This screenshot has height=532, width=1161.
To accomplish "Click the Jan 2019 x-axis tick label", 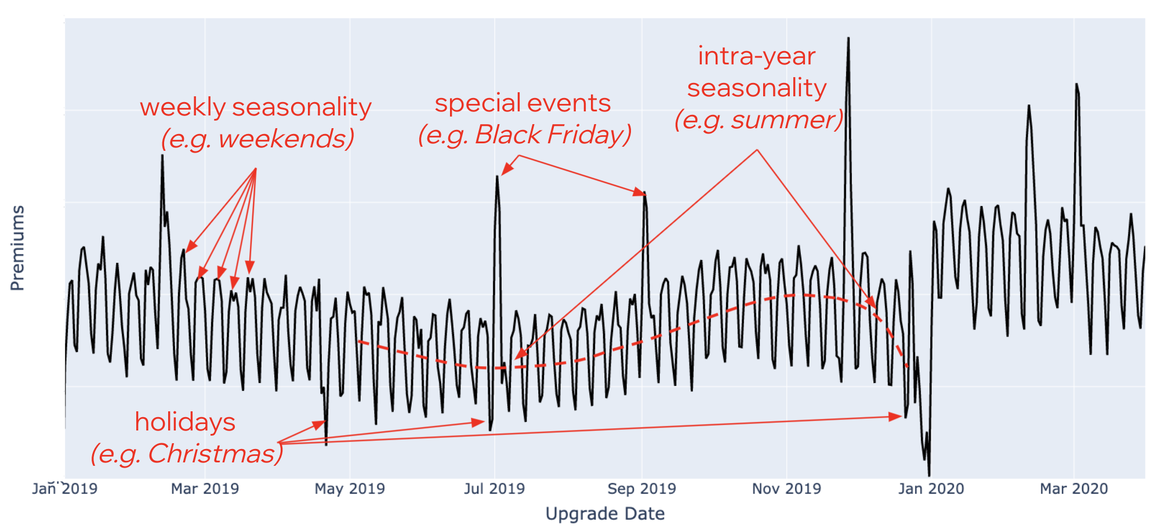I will pyautogui.click(x=64, y=488).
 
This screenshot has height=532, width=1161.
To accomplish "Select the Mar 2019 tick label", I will pyautogui.click(x=205, y=488).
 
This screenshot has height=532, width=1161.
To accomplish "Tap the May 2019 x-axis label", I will pyautogui.click(x=350, y=488).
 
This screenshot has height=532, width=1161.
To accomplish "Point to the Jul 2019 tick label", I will pyautogui.click(x=494, y=488).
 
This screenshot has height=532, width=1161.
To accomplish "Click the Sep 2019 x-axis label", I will pyautogui.click(x=641, y=488).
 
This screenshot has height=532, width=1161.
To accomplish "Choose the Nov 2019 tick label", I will pyautogui.click(x=786, y=488).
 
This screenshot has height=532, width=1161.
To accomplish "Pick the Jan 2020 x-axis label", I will pyautogui.click(x=931, y=488).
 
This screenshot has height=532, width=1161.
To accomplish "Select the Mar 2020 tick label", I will pyautogui.click(x=1073, y=488).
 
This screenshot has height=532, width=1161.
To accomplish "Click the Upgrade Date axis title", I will pyautogui.click(x=605, y=513).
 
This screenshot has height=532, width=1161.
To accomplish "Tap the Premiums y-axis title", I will pyautogui.click(x=17, y=248).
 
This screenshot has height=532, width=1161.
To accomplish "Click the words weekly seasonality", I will pyautogui.click(x=255, y=107).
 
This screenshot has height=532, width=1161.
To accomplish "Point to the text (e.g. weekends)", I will pyautogui.click(x=257, y=139).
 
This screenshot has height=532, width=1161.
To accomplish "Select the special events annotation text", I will pyautogui.click(x=523, y=103).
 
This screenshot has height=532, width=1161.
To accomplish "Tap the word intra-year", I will pyautogui.click(x=756, y=56).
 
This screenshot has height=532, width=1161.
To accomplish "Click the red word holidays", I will pyautogui.click(x=185, y=422).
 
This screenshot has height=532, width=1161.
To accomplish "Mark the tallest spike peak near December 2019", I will pyautogui.click(x=848, y=39).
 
